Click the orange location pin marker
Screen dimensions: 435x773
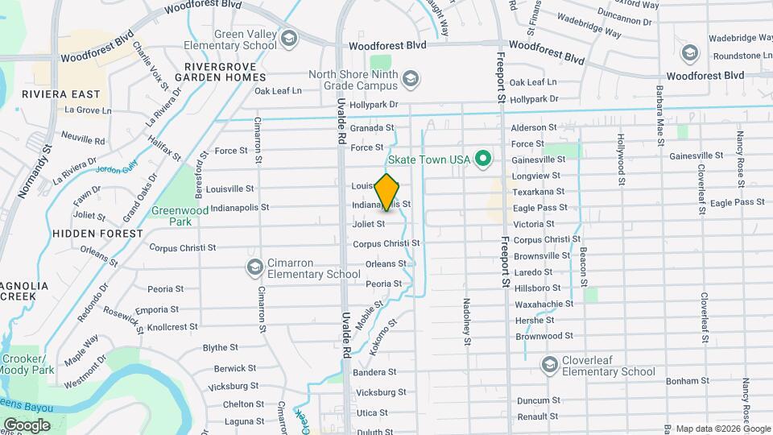[x=387, y=192]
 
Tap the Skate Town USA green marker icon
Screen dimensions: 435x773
[x=483, y=158]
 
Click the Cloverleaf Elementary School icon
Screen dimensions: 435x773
[x=550, y=366]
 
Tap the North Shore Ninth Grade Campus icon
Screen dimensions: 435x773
[x=411, y=78]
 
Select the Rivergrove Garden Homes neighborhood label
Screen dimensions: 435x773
[x=225, y=72]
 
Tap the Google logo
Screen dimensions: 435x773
[x=27, y=425]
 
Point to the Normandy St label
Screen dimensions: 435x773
[x=34, y=171]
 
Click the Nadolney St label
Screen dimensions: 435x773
[x=466, y=321]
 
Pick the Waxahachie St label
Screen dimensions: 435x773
[x=544, y=304]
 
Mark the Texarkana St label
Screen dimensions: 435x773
[x=539, y=192]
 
